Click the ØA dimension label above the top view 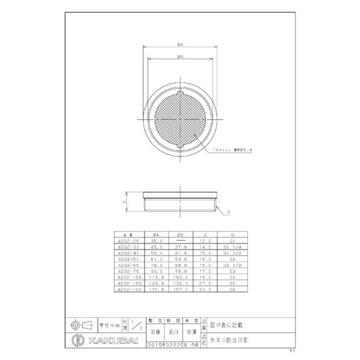pos(180,45)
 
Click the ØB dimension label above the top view pos(180,57)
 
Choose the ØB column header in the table pos(180,235)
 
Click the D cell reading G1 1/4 pos(231,247)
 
